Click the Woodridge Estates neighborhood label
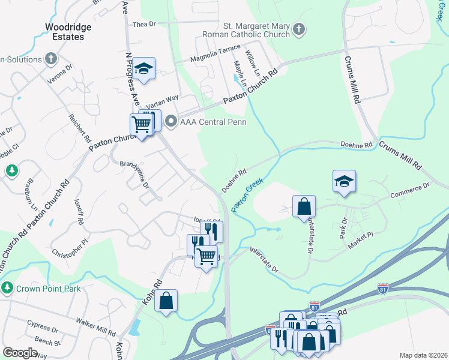64,31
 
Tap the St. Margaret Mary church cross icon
298,28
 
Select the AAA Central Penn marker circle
171,122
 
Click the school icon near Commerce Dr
344,181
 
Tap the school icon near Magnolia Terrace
143,68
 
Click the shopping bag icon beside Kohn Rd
166,300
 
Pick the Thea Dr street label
144,24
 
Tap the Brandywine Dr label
134,173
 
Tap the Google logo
20,353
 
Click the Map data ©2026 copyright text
423,355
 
